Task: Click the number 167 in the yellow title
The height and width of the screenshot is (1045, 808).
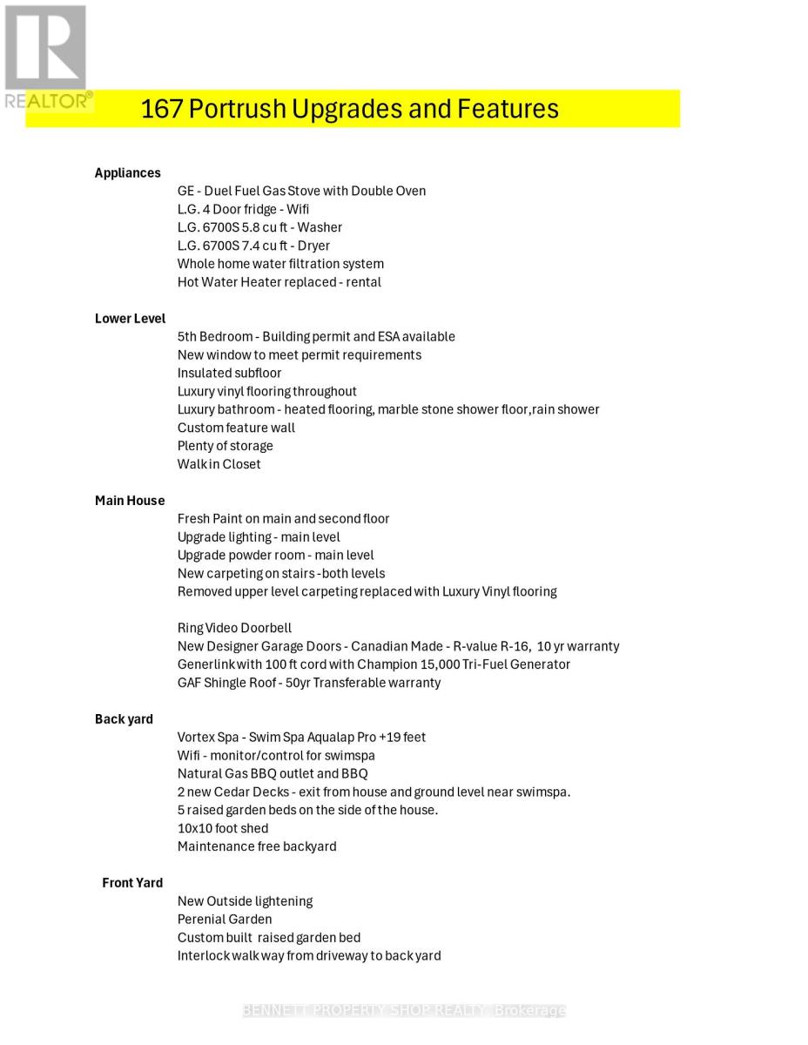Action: [x=161, y=109]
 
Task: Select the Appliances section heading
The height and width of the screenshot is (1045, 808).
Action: [x=127, y=172]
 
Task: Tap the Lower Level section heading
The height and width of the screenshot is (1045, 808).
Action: [x=130, y=319]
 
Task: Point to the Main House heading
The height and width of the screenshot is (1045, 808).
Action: [x=130, y=501]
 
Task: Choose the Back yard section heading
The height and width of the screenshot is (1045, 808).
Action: [x=124, y=719]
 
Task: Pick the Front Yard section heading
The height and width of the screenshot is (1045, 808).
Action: [x=132, y=883]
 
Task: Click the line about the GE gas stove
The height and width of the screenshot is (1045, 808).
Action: [x=301, y=191]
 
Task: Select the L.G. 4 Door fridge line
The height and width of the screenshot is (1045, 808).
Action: [x=243, y=209]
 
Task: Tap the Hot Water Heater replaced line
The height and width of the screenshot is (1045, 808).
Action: [x=279, y=282]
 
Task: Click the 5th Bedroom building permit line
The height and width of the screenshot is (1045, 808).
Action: [x=316, y=337]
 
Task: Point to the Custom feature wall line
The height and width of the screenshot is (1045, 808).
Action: [x=236, y=428]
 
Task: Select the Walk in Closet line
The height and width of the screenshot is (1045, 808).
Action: [x=219, y=464]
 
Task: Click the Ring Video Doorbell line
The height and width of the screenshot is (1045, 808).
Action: [x=234, y=628]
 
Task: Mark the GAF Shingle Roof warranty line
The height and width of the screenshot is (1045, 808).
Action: [x=308, y=683]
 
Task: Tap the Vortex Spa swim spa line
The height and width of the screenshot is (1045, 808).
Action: [x=301, y=738]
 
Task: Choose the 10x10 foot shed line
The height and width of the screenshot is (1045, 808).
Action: [x=222, y=828]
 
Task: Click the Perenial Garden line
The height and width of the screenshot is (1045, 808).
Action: [x=224, y=920]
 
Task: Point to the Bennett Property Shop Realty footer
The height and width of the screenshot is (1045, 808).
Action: [x=404, y=1010]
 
